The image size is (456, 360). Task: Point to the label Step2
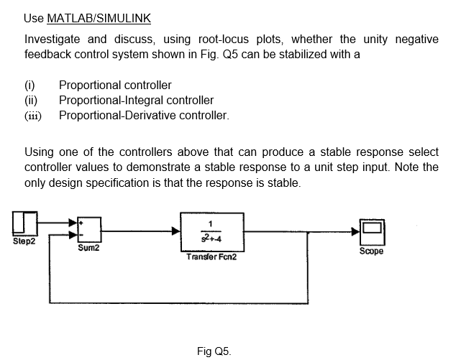click(x=24, y=241)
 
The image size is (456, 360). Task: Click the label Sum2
click(x=88, y=249)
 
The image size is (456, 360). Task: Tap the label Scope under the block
click(x=372, y=251)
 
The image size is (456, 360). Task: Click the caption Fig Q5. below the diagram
click(x=214, y=351)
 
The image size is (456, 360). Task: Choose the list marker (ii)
click(x=31, y=101)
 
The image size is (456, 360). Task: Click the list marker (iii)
click(x=32, y=115)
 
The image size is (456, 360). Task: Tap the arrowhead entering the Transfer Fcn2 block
click(x=175, y=231)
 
